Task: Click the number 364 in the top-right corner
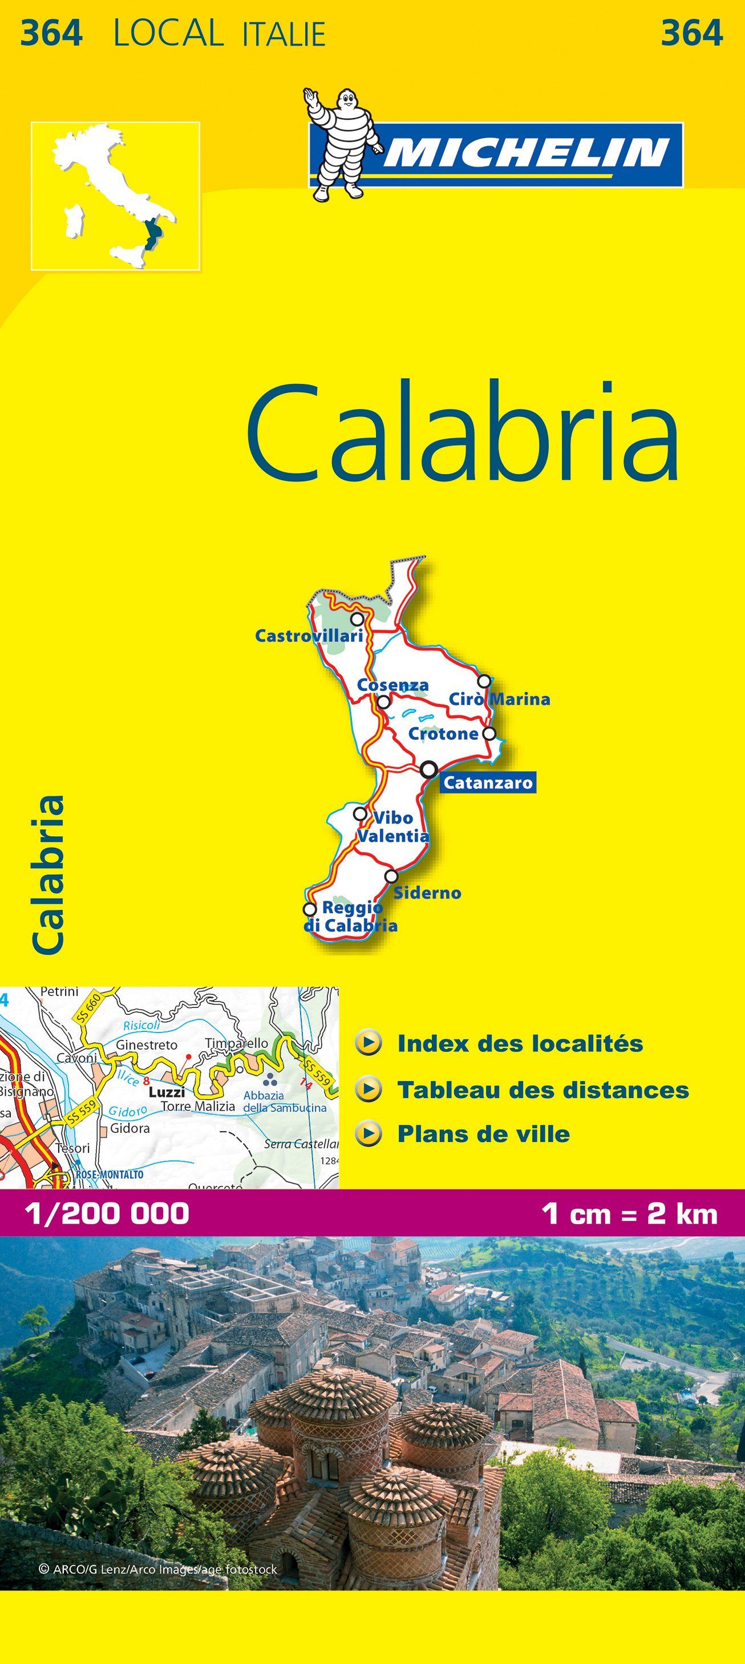pyautogui.click(x=691, y=34)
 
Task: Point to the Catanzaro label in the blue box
pyautogui.click(x=488, y=783)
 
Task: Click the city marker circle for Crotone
pyautogui.click(x=490, y=733)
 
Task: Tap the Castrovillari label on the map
pyautogui.click(x=309, y=635)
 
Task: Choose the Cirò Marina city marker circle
pyautogui.click(x=483, y=681)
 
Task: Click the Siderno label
pyautogui.click(x=427, y=893)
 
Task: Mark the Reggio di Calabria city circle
pyautogui.click(x=310, y=909)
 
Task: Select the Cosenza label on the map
pyautogui.click(x=393, y=685)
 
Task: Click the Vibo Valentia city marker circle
pyautogui.click(x=360, y=814)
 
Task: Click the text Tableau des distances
pyautogui.click(x=542, y=1090)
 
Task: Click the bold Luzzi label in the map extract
pyautogui.click(x=167, y=1092)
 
